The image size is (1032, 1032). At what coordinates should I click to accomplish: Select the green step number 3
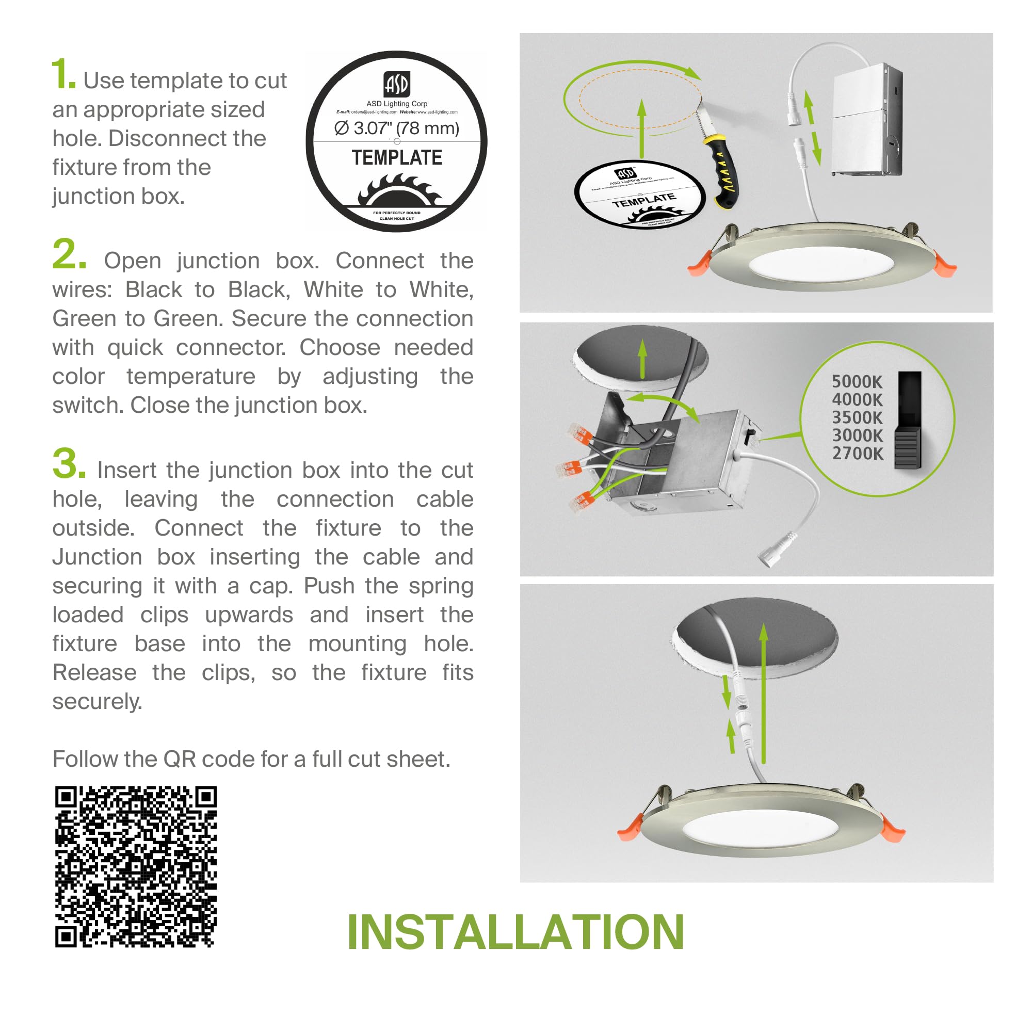coord(69,464)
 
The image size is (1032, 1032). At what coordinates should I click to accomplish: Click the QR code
coord(136,866)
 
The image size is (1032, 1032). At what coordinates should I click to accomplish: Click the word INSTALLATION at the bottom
coord(515,932)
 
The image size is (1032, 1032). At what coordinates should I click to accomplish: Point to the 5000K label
coord(857,381)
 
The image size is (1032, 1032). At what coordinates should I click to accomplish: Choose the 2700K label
coord(857,454)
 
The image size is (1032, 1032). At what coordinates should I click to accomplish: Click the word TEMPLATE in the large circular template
coord(396,158)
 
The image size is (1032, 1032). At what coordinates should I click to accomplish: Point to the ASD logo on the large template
coord(396,84)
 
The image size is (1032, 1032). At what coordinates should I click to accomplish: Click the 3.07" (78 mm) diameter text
coord(396,128)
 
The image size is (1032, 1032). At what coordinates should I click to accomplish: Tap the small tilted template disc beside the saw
coord(639,194)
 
